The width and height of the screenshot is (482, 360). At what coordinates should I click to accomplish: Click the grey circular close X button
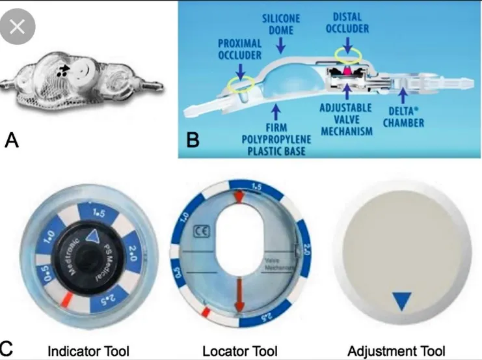click(18, 27)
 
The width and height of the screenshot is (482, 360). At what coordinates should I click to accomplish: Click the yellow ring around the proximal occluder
click(241, 83)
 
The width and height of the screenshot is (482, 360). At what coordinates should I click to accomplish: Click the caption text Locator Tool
click(240, 352)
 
